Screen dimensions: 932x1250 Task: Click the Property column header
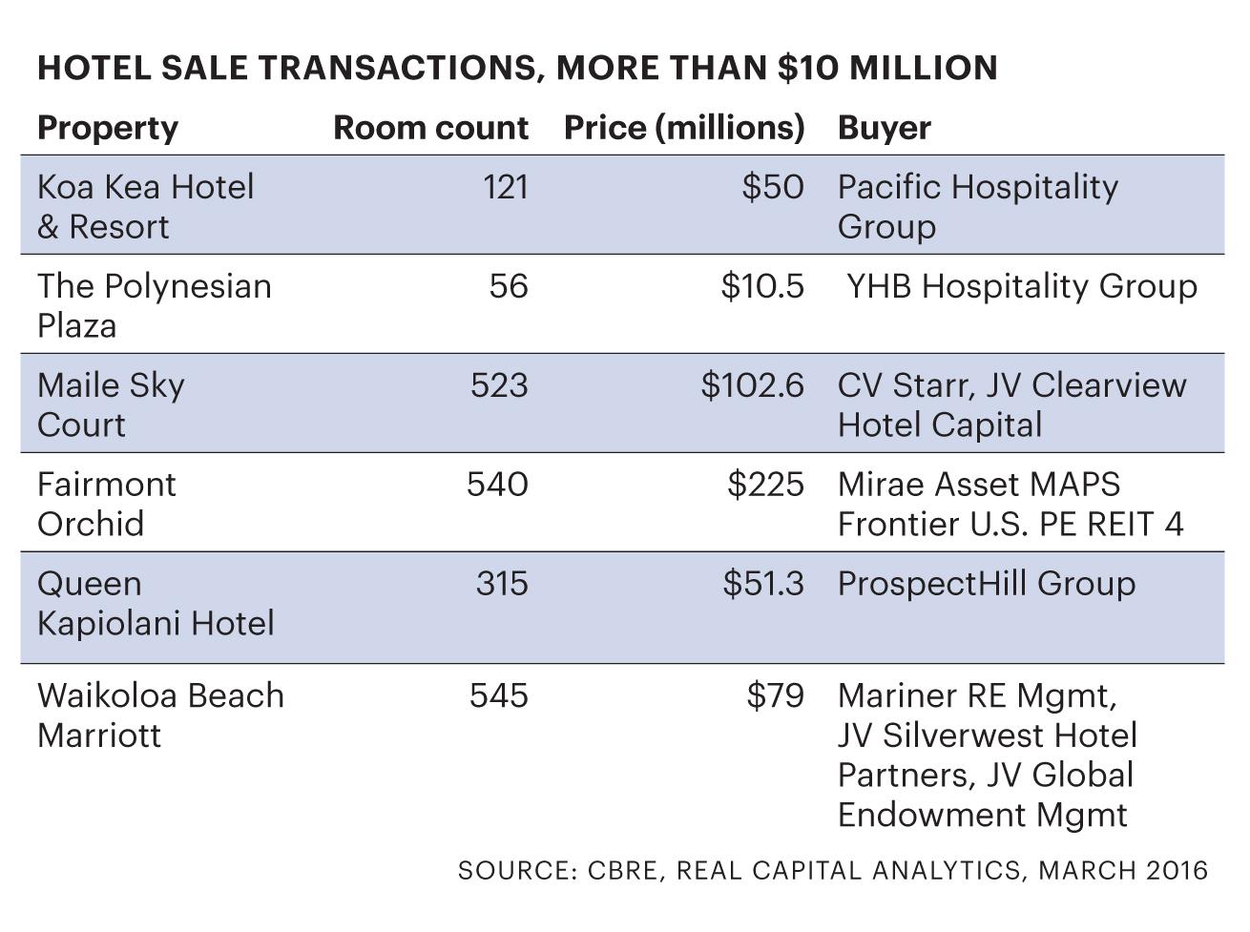107,128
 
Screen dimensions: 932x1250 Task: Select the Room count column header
430,128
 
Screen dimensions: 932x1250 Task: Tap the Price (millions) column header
684,128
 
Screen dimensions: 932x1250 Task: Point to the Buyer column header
885,128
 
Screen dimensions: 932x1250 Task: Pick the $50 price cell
773,187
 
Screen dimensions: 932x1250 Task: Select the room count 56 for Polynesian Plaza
509,286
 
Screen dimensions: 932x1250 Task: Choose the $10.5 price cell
762,286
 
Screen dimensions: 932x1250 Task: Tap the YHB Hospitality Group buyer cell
1021,286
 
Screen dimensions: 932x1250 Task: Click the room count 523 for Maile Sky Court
499,385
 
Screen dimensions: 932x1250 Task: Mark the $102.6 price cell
752,385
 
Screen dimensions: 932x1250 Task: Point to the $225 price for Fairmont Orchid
765,485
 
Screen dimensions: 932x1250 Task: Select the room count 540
497,485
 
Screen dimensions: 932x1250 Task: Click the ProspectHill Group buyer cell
987,584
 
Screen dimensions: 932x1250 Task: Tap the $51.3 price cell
762,584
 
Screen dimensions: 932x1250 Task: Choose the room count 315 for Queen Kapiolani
502,584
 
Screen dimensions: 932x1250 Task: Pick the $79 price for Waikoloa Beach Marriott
775,696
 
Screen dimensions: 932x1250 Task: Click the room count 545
498,696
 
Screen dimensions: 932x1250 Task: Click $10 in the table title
807,68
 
